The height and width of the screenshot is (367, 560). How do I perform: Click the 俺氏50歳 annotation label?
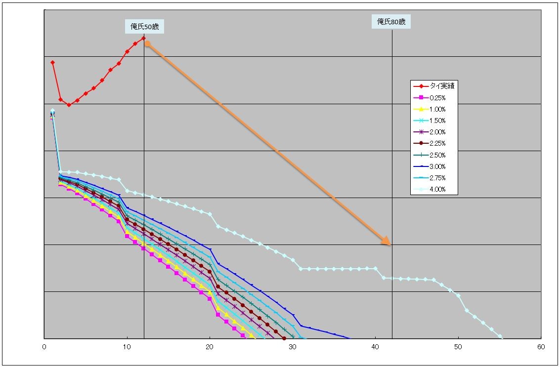click(144, 26)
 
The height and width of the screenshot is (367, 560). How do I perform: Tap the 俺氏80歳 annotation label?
click(391, 21)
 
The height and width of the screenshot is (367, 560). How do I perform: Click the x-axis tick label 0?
click(44, 347)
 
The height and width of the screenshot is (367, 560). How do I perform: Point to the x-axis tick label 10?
click(127, 347)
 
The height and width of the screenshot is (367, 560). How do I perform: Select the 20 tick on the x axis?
click(210, 347)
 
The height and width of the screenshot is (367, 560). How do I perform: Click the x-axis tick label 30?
click(293, 347)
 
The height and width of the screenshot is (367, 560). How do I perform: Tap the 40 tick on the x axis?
click(376, 347)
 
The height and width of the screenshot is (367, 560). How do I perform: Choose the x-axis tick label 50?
click(458, 347)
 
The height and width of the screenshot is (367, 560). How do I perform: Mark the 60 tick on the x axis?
click(541, 347)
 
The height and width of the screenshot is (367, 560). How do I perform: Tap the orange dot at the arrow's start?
click(147, 44)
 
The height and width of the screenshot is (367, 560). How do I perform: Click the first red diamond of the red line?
click(52, 62)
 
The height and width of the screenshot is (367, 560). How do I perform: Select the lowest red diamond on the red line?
click(69, 105)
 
